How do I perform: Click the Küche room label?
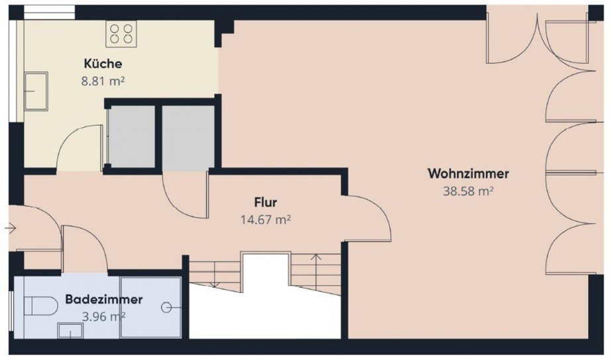(103, 64)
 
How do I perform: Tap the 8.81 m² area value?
(103, 82)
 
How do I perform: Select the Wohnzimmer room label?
(468, 174)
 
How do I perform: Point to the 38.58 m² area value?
(468, 191)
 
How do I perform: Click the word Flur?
(266, 202)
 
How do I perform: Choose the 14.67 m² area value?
(266, 220)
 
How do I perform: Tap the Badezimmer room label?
(104, 299)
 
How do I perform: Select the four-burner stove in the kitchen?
(121, 34)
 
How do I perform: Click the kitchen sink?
(36, 91)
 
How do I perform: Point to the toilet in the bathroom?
(40, 306)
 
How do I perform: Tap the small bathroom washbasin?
(70, 330)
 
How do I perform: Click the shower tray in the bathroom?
(151, 307)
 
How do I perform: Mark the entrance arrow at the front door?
(11, 229)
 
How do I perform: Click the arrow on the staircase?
(316, 269)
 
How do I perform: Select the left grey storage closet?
(131, 136)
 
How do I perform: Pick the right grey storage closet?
(188, 138)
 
